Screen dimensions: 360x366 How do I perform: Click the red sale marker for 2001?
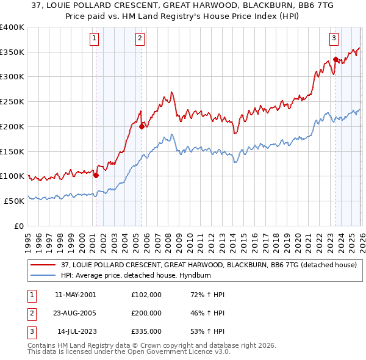[x=96, y=175]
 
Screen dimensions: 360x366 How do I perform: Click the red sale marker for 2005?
[x=142, y=126]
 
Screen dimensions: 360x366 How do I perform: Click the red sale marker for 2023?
[x=335, y=59]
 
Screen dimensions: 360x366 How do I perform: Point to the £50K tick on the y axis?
[x=14, y=201]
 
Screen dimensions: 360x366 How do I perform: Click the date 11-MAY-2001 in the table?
[x=74, y=295]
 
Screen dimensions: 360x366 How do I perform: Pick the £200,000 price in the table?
[x=146, y=313]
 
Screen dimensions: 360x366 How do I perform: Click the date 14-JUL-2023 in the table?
[x=76, y=331]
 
